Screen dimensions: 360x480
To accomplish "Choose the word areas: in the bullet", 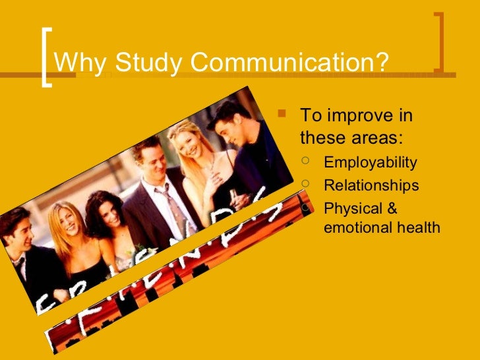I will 377,138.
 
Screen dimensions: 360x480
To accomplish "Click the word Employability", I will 371,163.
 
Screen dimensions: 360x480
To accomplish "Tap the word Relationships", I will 371,186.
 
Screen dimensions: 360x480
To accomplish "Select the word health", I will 420,227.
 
